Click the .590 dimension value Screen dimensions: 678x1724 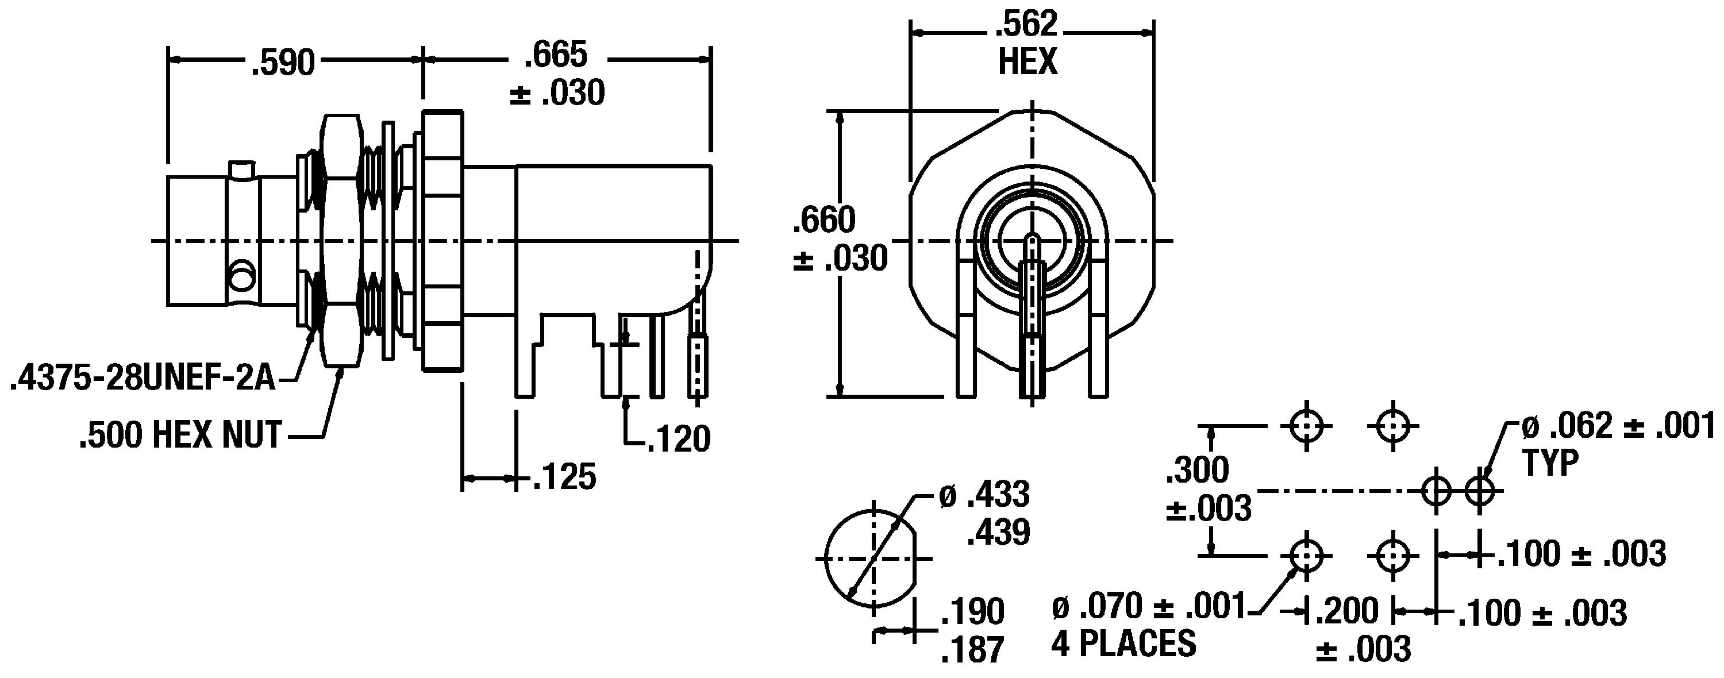282,63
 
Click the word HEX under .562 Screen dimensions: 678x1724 1028,61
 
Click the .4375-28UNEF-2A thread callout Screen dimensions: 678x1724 143,379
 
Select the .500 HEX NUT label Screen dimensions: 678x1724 180,435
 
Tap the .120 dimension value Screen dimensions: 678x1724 678,439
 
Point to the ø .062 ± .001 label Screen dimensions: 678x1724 1618,426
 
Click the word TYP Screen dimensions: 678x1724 1550,463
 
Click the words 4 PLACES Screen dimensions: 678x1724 1123,644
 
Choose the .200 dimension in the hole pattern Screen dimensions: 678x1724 1347,610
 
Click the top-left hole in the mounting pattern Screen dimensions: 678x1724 1306,426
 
